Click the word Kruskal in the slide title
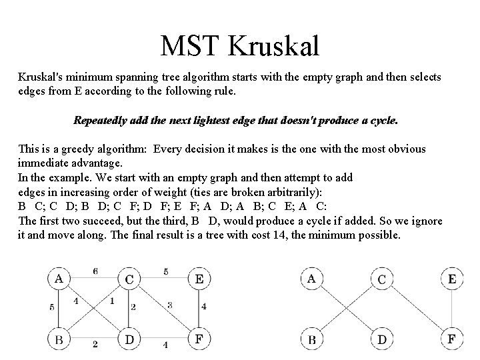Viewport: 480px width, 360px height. click(274, 45)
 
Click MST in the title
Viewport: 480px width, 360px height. click(191, 45)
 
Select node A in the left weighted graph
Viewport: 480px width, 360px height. click(59, 279)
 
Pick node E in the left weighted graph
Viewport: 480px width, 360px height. click(199, 279)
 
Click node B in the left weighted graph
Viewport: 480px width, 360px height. click(59, 340)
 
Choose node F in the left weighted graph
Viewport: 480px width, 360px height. click(199, 340)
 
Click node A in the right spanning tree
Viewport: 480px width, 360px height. click(311, 279)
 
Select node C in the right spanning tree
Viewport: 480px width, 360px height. click(381, 279)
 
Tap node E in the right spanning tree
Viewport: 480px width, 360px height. click(451, 279)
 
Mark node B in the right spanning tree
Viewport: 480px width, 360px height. click(311, 340)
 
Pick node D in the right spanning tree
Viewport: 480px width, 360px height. click(381, 340)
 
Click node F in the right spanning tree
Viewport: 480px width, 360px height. click(451, 340)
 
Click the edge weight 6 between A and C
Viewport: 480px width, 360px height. click(95, 271)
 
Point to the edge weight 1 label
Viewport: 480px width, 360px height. click(112, 301)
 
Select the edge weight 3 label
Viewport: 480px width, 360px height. click(170, 305)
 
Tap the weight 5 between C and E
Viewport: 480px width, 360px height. click(165, 271)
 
